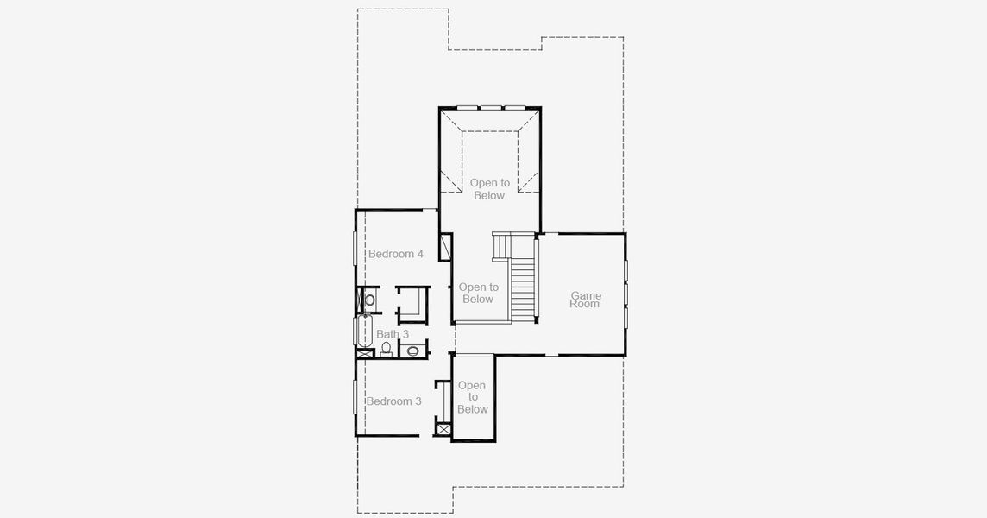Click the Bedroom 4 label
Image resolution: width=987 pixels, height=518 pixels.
(395, 254)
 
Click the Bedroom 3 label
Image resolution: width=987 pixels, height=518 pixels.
(393, 401)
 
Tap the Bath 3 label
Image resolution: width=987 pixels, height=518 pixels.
(393, 334)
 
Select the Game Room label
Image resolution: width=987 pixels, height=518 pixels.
(585, 300)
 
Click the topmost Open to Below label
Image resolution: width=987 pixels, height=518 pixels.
(489, 189)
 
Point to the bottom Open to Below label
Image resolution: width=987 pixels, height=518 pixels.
(472, 397)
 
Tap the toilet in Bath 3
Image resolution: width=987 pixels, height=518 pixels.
(386, 349)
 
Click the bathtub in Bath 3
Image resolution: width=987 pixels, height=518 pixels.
(361, 332)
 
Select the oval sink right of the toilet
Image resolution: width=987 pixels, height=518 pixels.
(412, 351)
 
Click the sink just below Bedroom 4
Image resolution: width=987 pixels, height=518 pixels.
(369, 300)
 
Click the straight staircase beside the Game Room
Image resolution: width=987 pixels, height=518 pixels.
(522, 289)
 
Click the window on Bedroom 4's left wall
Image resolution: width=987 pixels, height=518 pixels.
(355, 249)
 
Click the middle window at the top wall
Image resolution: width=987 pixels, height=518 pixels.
(491, 108)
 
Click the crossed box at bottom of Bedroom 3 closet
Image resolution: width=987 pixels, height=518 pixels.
(443, 428)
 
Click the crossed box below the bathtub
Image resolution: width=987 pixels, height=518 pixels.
(362, 352)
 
